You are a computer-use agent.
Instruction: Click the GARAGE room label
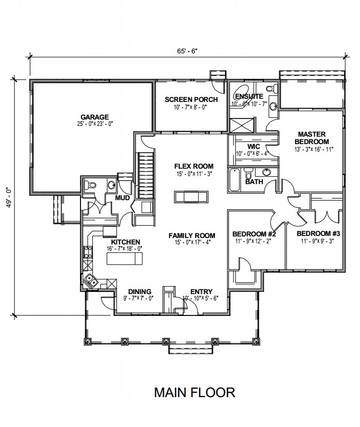94,117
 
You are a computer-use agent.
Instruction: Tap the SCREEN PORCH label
191,100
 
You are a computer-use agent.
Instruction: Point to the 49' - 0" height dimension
9,197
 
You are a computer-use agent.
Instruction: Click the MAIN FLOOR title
195,392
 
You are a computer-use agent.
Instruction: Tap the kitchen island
125,258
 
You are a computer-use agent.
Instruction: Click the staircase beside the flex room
146,176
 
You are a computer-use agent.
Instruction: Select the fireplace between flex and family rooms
191,196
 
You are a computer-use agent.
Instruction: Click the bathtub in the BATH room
234,180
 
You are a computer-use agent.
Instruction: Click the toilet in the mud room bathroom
90,185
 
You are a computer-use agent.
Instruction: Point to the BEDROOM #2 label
254,234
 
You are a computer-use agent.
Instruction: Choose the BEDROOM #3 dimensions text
317,241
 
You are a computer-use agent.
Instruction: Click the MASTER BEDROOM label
311,138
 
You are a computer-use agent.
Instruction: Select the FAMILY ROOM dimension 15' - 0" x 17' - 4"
193,242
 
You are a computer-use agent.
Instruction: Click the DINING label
140,291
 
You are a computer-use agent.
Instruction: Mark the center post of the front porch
165,341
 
